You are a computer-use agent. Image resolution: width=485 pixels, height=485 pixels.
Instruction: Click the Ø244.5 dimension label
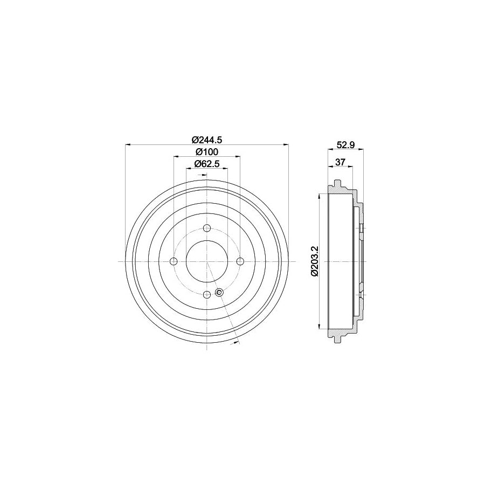pos(207,139)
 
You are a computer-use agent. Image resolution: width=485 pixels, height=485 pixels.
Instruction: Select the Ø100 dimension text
pos(206,151)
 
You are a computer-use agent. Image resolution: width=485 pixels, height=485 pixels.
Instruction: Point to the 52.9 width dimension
pos(345,144)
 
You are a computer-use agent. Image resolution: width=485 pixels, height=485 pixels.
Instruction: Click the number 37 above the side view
pos(340,162)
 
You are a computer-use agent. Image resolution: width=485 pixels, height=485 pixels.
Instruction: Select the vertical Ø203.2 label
pos(315,261)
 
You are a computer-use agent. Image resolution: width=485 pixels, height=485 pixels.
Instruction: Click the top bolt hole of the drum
pos(207,228)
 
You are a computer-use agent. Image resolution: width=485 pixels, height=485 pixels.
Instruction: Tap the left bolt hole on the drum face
pos(174,261)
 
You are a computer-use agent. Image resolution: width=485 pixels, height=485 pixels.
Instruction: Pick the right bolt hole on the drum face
pos(240,261)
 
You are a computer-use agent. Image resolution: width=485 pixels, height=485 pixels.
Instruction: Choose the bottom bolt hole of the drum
pos(207,294)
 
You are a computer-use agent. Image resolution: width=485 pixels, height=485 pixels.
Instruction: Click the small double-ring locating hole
pos(219,292)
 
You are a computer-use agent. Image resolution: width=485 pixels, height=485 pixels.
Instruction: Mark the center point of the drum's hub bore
pos(207,261)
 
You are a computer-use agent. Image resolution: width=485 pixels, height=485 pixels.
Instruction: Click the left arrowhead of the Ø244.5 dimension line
pos(127,144)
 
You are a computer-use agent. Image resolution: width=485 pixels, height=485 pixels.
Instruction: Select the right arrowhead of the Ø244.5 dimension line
pos(287,144)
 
